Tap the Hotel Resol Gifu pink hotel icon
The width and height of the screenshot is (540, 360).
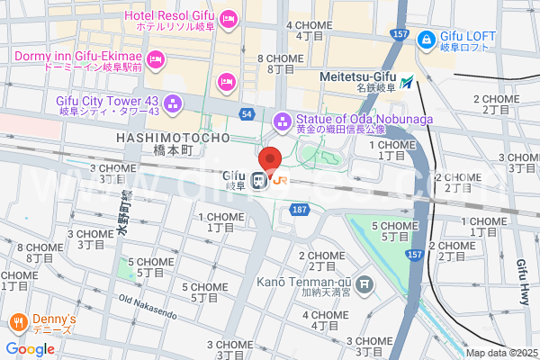pyautogui.click(x=229, y=18)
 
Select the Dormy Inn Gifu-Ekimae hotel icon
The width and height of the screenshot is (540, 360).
pyautogui.click(x=157, y=60)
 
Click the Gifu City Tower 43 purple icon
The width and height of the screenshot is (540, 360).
pyautogui.click(x=175, y=105)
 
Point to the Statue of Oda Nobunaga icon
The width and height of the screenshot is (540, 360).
pyautogui.click(x=283, y=119)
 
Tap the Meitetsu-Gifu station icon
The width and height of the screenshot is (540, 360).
pyautogui.click(x=409, y=82)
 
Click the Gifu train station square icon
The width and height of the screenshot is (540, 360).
pyautogui.click(x=258, y=181)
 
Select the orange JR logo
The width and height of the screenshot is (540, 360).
pyautogui.click(x=280, y=180)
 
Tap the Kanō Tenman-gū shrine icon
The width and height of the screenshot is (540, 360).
pyautogui.click(x=364, y=286)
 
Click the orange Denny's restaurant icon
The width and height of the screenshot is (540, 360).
pyautogui.click(x=17, y=322)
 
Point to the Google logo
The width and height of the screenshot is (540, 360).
pyautogui.click(x=30, y=348)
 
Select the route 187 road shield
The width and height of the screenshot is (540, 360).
pyautogui.click(x=300, y=209)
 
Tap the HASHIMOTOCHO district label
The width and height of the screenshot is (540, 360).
pyautogui.click(x=174, y=137)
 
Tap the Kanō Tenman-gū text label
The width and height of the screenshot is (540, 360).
pyautogui.click(x=303, y=283)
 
